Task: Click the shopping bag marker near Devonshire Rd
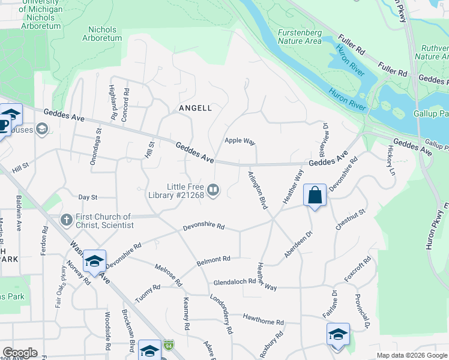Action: coord(315,195)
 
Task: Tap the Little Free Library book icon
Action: coord(214,191)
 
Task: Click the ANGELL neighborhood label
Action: coord(195,108)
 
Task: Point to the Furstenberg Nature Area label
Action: coord(300,37)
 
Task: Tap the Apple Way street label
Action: coord(240,140)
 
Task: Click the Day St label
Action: coord(88,197)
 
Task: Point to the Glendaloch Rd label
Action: coord(235,281)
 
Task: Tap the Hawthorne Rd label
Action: coord(263,319)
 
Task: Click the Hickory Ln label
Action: coord(392,160)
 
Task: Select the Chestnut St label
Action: coord(351,220)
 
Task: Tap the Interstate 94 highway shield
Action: coord(170,346)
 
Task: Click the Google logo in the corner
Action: coord(20,353)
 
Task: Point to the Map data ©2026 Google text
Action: coord(412,355)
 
